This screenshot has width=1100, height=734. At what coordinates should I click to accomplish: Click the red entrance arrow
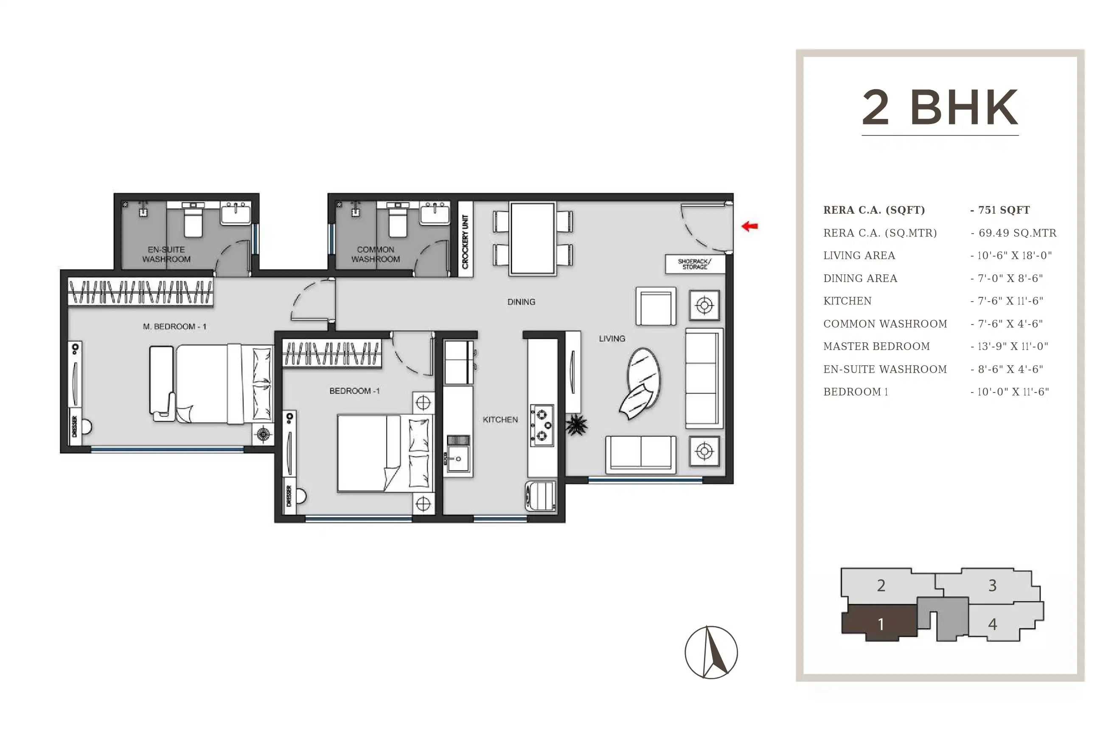[750, 226]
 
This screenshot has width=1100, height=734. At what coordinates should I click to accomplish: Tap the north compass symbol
[711, 652]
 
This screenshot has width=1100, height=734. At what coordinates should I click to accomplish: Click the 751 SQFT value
[1004, 210]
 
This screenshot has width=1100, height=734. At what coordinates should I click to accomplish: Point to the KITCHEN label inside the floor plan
[500, 419]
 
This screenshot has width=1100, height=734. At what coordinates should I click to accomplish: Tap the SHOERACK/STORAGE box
[695, 264]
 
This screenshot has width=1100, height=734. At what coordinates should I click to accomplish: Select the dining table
[533, 238]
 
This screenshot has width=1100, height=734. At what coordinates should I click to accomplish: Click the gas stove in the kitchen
[542, 426]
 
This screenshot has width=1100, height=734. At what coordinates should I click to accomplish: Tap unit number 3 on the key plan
[993, 585]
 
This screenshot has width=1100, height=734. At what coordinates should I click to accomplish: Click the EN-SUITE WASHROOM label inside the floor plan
[166, 254]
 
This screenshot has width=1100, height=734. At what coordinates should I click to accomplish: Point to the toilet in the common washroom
[398, 220]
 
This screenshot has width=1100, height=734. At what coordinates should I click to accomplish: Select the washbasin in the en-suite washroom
[236, 214]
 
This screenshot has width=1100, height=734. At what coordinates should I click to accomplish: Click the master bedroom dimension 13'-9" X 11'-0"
[1013, 347]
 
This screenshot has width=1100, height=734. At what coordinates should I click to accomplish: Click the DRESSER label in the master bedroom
[74, 426]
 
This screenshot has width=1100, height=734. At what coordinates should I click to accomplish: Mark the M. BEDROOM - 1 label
[174, 326]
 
